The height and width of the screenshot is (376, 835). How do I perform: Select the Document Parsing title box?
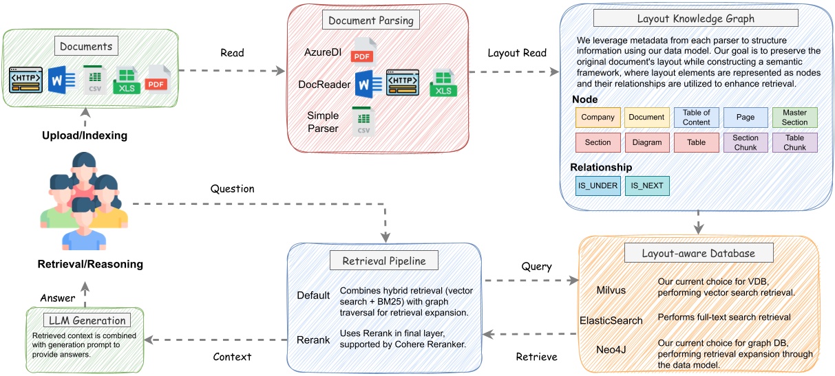click(370, 20)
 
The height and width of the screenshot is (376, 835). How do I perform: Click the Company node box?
click(598, 118)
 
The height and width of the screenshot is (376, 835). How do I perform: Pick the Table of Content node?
click(696, 118)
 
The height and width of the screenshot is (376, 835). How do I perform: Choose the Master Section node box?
click(794, 118)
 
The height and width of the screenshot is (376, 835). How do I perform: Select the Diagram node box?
click(646, 142)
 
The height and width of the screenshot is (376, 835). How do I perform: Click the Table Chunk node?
click(794, 142)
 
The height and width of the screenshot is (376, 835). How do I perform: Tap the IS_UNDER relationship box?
click(597, 186)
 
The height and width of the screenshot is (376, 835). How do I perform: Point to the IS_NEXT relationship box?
click(646, 186)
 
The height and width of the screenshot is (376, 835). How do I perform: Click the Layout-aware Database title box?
click(698, 253)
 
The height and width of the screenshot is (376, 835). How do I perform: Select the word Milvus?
click(611, 290)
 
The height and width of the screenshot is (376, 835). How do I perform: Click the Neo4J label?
click(611, 349)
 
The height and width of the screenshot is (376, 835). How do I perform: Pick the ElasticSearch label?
click(611, 320)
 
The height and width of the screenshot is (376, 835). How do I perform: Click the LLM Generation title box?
click(85, 320)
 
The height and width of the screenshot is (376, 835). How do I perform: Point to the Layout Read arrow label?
click(516, 53)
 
